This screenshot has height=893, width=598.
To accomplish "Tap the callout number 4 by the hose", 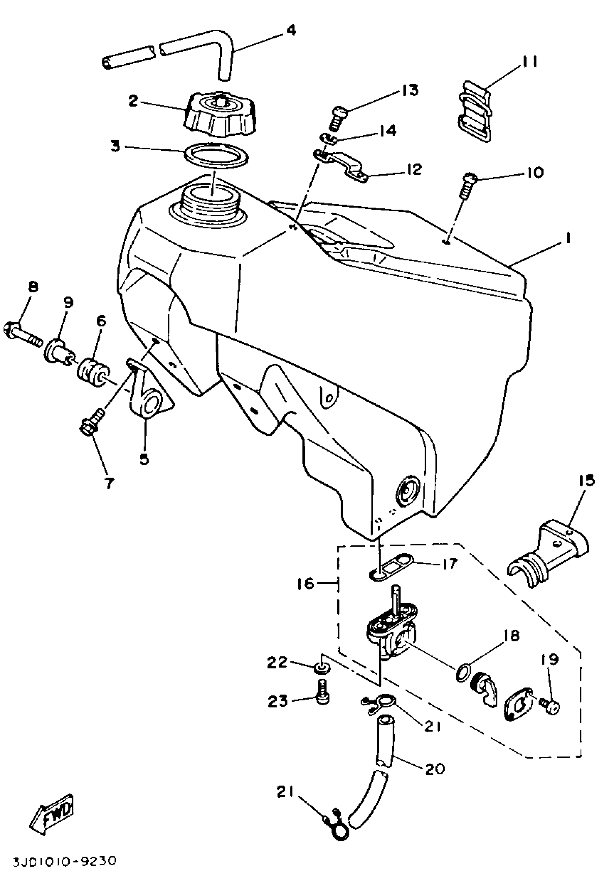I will [291, 30].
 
